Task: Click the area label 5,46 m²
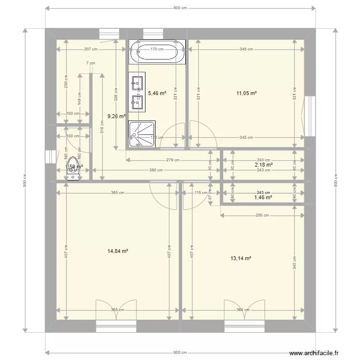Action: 156,94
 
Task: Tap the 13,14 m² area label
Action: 241,258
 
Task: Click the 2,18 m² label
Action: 264,165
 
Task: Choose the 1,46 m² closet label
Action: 264,197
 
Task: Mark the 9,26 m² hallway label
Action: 116,116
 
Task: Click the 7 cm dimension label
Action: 90,63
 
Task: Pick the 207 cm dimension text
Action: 91,49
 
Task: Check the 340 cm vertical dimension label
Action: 294,262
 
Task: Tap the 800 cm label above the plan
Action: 180,8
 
